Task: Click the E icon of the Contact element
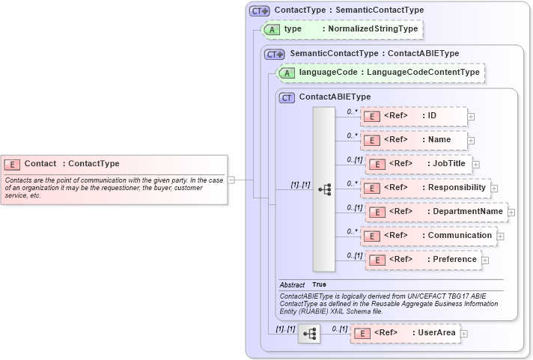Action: tap(13, 164)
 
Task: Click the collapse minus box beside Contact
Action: tap(231, 180)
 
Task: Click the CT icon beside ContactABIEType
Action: tap(287, 97)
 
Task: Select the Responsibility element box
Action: tap(424, 188)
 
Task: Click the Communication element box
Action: tap(428, 236)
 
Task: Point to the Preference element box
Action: tap(423, 260)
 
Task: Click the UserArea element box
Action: tap(405, 333)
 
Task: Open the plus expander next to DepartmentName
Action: tap(511, 213)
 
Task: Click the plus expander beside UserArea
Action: tap(464, 334)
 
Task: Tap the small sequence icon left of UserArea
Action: tap(308, 334)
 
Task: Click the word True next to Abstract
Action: tap(319, 285)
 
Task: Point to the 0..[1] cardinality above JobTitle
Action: tap(354, 159)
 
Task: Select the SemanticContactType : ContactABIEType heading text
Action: tap(374, 54)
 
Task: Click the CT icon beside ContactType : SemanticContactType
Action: tap(259, 10)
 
